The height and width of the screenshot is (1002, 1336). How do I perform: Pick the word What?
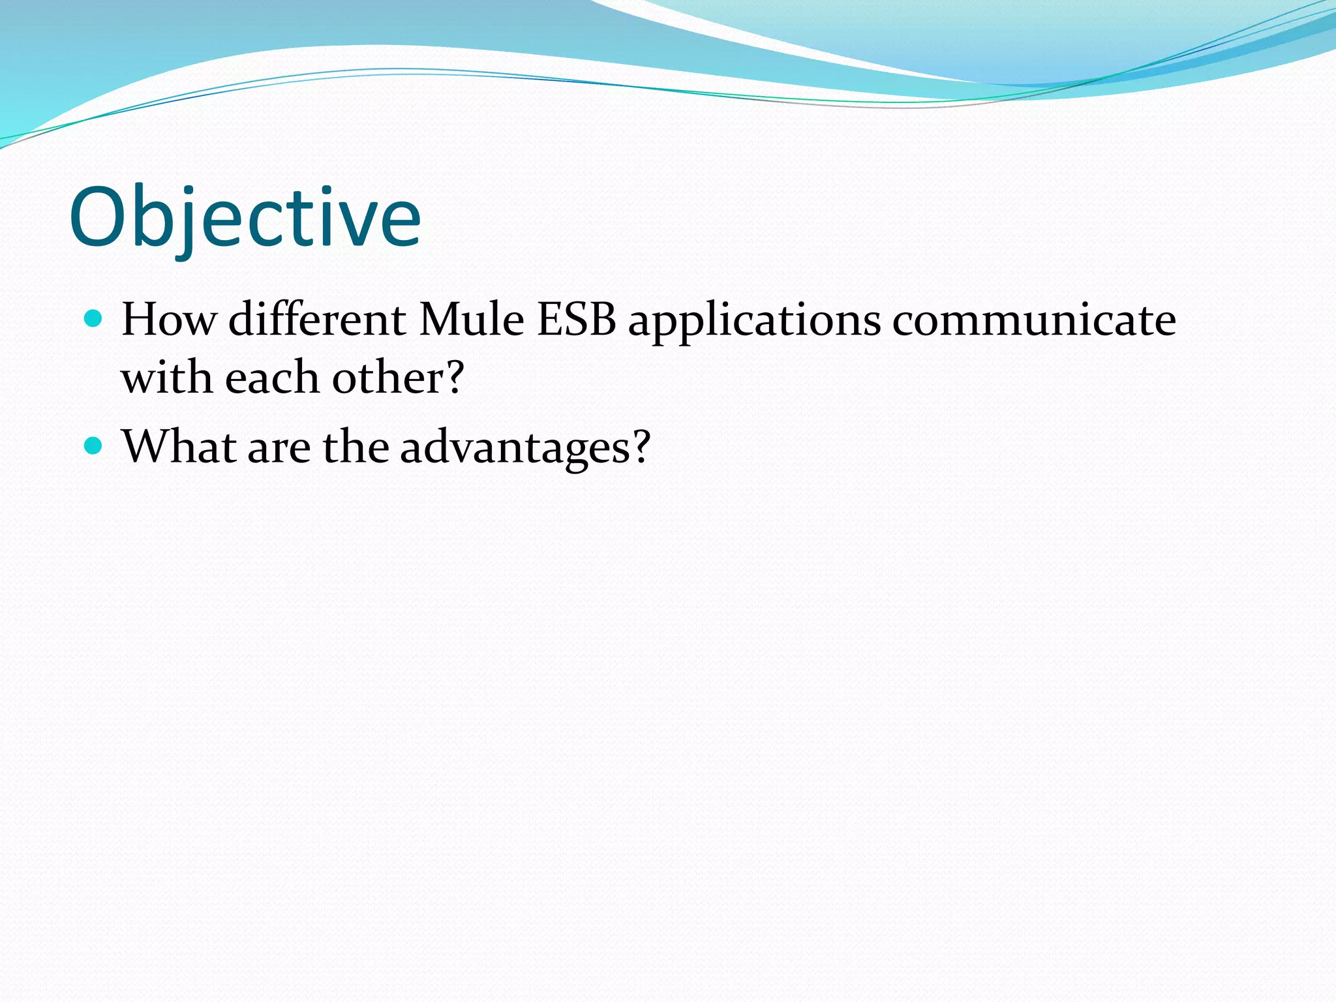[179, 447]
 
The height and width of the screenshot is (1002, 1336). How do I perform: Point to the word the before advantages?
[356, 447]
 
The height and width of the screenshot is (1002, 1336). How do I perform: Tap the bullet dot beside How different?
[94, 319]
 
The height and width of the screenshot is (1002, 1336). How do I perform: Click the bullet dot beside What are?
[94, 446]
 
